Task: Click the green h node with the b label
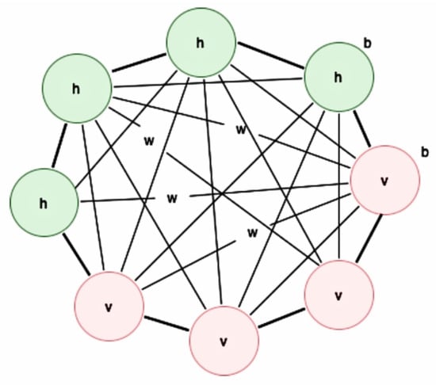(339, 77)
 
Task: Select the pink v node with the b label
(384, 180)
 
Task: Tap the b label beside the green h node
(368, 44)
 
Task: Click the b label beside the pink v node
(425, 152)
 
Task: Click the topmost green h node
(201, 43)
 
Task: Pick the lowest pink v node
(224, 341)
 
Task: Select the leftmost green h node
(44, 203)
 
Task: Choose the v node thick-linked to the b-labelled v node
(339, 295)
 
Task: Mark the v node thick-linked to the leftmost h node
(109, 306)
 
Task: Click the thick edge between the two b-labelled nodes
(362, 129)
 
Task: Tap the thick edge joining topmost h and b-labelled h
(271, 55)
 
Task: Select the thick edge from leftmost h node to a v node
(76, 254)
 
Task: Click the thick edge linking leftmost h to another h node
(59, 146)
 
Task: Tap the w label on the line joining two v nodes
(252, 233)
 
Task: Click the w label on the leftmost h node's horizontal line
(172, 198)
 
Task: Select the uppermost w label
(241, 130)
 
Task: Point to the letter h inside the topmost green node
(201, 43)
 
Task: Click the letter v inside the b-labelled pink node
(384, 181)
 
